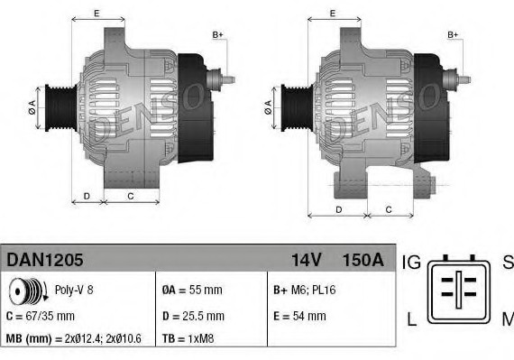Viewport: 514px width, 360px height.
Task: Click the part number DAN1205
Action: pos(45,260)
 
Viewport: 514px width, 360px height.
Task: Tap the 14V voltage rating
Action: pos(306,260)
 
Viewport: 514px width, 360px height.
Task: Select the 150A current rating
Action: pos(363,260)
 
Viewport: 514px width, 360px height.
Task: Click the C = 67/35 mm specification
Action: pos(41,317)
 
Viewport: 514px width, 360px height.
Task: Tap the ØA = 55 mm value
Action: pos(191,291)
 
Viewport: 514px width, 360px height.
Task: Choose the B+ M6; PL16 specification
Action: pos(303,291)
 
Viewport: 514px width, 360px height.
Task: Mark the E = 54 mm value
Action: pos(298,316)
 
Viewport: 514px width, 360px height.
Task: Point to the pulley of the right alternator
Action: pos(294,107)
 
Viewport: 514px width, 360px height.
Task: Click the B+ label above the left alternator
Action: pos(216,35)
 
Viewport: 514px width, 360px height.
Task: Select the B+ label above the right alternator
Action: pos(453,35)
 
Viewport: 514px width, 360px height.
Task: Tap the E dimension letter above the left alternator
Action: pos(96,14)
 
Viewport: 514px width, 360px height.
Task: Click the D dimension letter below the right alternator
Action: pos(338,209)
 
